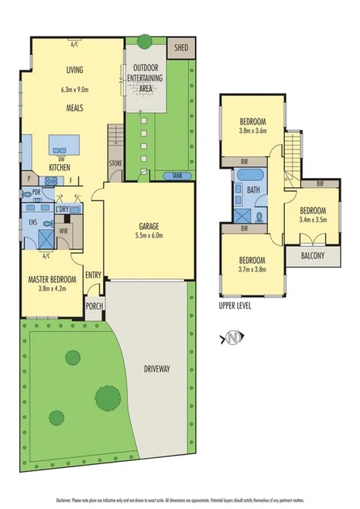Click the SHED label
point(183,46)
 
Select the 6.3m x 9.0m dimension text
point(76,89)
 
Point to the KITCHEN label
point(60,167)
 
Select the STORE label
point(116,163)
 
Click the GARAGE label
point(149,227)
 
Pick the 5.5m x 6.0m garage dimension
point(149,237)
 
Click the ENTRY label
point(94,275)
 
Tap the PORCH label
point(94,305)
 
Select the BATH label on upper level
point(252,189)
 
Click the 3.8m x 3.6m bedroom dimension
point(252,131)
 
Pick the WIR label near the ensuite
point(63,230)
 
